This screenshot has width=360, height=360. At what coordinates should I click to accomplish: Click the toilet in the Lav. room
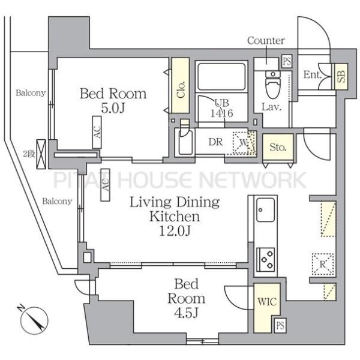273,85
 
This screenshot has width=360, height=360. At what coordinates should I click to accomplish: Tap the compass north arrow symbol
34,320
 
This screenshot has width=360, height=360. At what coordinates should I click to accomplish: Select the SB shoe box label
341,76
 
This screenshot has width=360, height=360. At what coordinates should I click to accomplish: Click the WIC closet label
267,302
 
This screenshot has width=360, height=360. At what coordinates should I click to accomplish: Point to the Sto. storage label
278,147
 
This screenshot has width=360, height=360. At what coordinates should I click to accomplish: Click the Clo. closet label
181,89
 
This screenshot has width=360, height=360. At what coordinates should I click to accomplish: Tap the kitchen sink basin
265,210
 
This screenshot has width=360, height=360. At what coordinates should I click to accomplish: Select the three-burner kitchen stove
265,260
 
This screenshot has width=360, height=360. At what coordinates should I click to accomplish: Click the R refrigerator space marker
323,264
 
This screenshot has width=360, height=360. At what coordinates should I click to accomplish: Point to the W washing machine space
244,143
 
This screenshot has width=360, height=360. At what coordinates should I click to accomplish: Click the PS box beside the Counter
287,62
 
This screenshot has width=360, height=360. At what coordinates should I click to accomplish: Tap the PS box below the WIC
280,325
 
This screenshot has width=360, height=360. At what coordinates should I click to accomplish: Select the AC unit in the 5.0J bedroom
97,132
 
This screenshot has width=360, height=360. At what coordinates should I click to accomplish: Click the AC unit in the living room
106,185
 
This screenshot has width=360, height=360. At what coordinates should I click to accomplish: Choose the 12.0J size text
175,231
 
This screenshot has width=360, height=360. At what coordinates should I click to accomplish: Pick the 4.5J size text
186,313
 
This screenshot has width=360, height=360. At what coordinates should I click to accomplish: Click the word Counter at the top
266,41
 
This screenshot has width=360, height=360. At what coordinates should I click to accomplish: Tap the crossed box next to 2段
41,154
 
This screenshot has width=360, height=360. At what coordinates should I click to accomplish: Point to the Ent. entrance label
312,74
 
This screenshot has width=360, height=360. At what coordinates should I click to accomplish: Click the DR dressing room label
215,142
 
